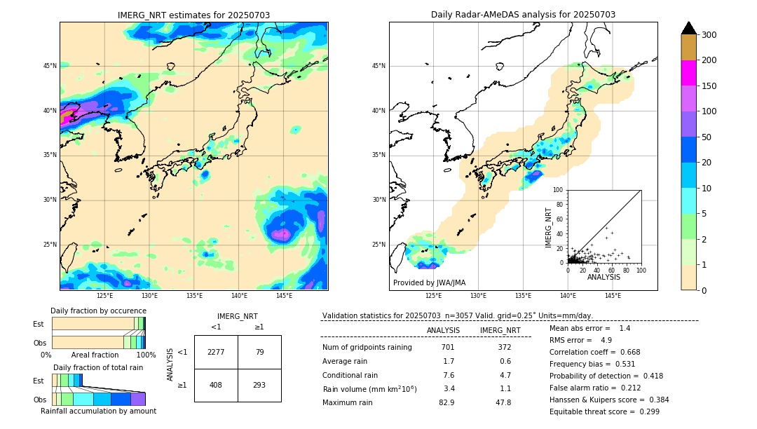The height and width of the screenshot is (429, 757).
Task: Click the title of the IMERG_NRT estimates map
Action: (x=193, y=15)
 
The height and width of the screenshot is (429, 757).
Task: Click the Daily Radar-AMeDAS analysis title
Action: (x=523, y=15)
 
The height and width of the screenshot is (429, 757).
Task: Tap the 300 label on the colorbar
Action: (x=709, y=35)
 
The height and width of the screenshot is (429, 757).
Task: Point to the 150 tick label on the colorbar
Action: (x=709, y=86)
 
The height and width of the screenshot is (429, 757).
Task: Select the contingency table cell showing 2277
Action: (x=216, y=352)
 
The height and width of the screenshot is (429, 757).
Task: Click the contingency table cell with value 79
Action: (x=259, y=352)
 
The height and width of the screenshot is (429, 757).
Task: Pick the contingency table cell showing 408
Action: (x=216, y=385)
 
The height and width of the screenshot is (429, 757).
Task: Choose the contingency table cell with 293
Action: (x=259, y=385)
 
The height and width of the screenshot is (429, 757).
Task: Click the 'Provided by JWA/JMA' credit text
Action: (x=429, y=283)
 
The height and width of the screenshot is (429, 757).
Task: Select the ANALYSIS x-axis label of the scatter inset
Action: (x=603, y=278)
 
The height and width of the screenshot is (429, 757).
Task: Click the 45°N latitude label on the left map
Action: (x=50, y=66)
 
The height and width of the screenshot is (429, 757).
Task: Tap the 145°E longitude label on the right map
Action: (x=613, y=296)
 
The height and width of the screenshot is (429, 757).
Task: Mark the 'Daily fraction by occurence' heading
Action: (x=98, y=311)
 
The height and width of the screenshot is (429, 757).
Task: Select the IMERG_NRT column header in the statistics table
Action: (x=500, y=330)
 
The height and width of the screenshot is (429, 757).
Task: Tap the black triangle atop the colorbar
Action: (x=689, y=28)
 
